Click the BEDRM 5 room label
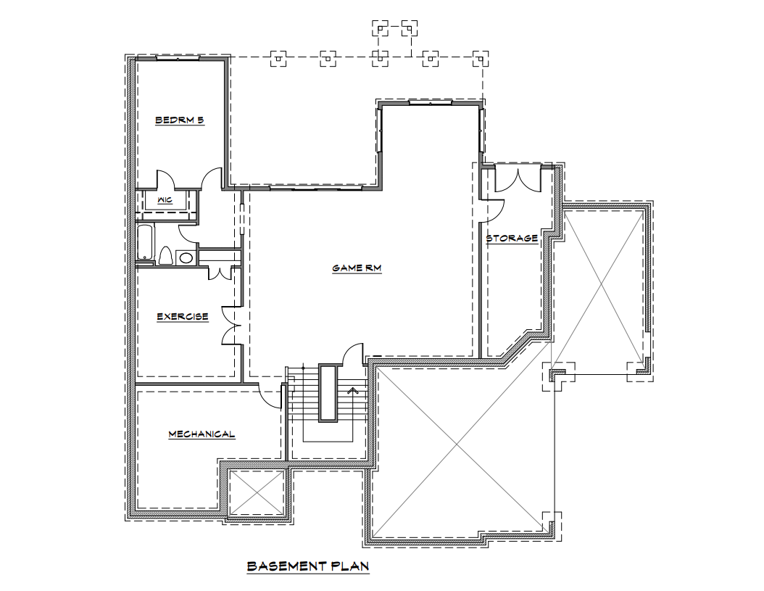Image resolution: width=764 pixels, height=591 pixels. [179, 120]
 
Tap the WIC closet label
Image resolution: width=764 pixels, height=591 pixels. [165, 200]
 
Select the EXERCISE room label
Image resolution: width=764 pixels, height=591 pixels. [183, 317]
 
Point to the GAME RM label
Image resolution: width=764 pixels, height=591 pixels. [357, 268]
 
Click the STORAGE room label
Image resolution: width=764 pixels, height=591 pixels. [512, 239]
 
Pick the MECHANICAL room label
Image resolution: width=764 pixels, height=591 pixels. [202, 434]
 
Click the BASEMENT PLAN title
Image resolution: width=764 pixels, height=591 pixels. [308, 566]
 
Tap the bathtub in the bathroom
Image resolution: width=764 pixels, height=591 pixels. [145, 242]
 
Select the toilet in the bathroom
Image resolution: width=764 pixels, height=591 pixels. [166, 256]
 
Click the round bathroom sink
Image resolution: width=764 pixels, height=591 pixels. [185, 257]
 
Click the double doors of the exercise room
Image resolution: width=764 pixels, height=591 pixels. [232, 326]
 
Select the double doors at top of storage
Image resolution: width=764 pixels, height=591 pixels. [518, 179]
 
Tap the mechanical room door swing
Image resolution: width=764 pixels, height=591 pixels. [270, 396]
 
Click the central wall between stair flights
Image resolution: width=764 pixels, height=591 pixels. [328, 392]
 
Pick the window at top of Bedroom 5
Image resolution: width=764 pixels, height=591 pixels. [178, 59]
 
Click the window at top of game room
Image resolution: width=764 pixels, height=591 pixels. [431, 102]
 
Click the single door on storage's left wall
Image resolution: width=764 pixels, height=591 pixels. [493, 210]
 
